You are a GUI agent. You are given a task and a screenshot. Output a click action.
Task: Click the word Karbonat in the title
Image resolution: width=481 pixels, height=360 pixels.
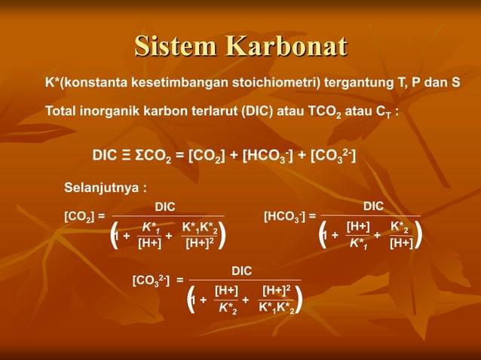pos(286,46)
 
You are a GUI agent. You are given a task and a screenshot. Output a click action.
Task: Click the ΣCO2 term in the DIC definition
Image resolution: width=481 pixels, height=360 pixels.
pos(155,157)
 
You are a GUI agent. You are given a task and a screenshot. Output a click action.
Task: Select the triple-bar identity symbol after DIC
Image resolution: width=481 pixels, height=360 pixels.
pos(125,156)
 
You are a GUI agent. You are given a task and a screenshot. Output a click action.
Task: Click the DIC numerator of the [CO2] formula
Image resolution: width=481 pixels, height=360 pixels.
pos(165,206)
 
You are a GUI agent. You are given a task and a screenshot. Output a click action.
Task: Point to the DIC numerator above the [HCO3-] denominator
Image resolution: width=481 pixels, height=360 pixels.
pos(373,206)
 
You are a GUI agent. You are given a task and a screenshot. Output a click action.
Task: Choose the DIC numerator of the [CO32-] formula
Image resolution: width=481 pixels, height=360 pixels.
pos(241,270)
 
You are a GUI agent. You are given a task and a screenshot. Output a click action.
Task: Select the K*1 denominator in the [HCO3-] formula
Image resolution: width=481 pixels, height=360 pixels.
pos(357,243)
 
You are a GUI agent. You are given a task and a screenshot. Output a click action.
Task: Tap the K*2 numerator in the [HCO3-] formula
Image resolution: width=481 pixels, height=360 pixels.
pos(400,226)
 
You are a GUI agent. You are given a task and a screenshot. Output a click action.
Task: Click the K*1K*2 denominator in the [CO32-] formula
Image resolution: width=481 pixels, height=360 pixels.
pos(276,307)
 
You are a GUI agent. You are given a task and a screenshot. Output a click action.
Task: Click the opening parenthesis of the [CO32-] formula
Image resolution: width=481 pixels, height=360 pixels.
pos(191,299)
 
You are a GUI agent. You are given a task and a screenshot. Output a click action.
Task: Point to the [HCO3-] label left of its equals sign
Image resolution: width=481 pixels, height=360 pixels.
pos(285,217)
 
